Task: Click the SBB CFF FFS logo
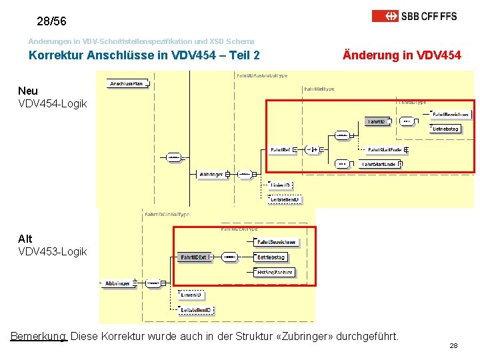(414, 15)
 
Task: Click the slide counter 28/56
(51, 21)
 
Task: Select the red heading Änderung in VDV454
(401, 55)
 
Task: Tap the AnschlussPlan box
(127, 83)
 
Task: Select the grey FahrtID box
(376, 121)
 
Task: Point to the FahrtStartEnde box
(379, 163)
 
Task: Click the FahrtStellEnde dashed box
(385, 149)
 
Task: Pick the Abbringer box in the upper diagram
(211, 175)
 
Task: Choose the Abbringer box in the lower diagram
(117, 283)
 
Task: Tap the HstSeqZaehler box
(274, 271)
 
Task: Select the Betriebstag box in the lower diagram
(271, 257)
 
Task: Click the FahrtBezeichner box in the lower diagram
(276, 242)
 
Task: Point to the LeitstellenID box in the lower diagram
(196, 310)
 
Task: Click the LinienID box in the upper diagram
(281, 185)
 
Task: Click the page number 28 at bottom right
(453, 346)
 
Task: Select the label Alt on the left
(25, 239)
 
